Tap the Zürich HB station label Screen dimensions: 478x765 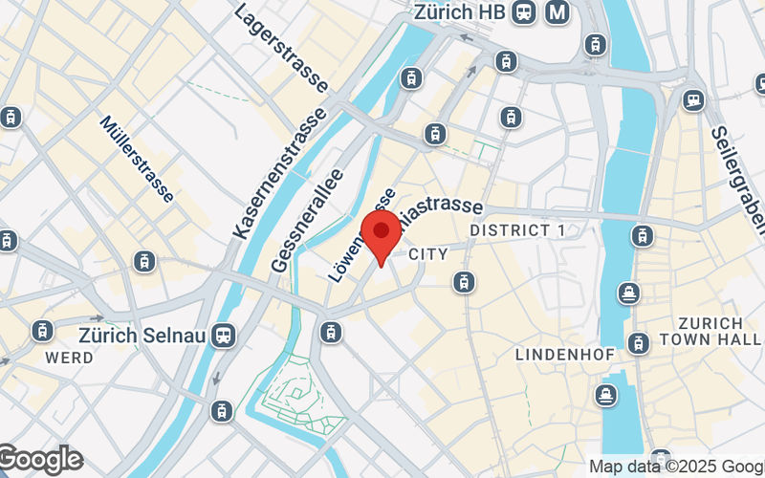(458, 12)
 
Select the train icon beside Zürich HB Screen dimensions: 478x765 (523, 12)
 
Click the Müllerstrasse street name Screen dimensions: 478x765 (137, 159)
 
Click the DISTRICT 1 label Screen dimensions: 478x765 (517, 230)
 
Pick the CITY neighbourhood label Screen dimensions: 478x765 (427, 254)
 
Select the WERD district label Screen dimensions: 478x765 (70, 358)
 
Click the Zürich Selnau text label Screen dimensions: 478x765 (143, 336)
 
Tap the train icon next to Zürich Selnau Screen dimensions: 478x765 (224, 336)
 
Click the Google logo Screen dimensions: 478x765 (40, 460)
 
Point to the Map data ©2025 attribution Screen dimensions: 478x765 (675, 467)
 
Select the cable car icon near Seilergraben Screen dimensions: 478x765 (693, 99)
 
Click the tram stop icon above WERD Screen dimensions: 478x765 (42, 331)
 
